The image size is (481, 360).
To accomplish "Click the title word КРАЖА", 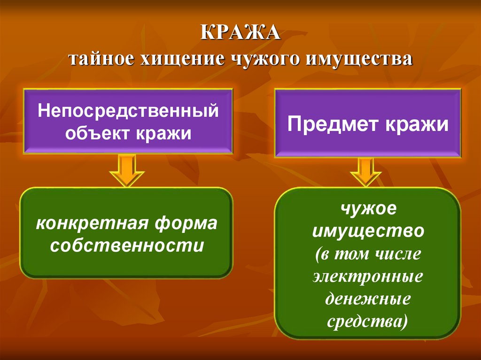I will pos(240,35).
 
